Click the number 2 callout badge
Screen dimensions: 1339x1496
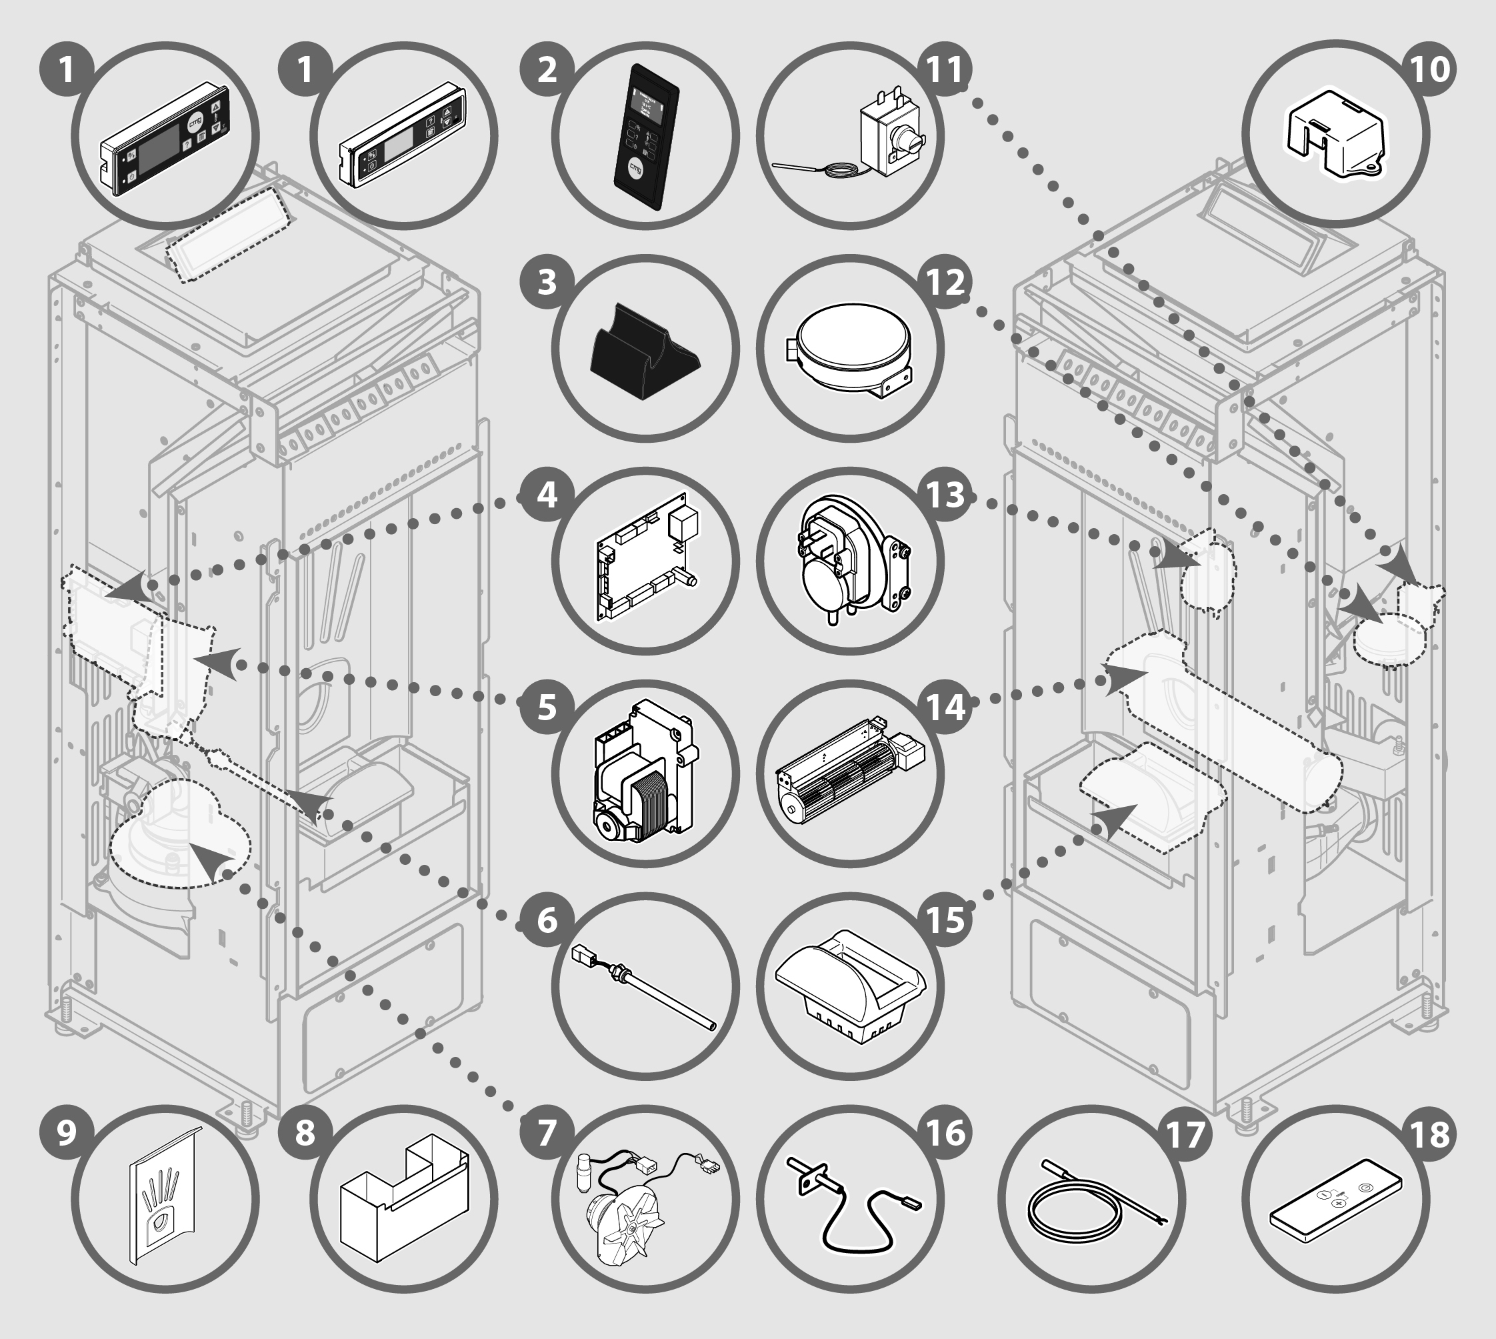click(x=546, y=70)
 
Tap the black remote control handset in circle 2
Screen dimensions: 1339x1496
click(x=645, y=137)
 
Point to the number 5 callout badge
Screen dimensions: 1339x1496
click(x=546, y=707)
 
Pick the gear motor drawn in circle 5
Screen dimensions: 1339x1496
click(x=642, y=772)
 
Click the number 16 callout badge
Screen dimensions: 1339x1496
click(x=945, y=1132)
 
